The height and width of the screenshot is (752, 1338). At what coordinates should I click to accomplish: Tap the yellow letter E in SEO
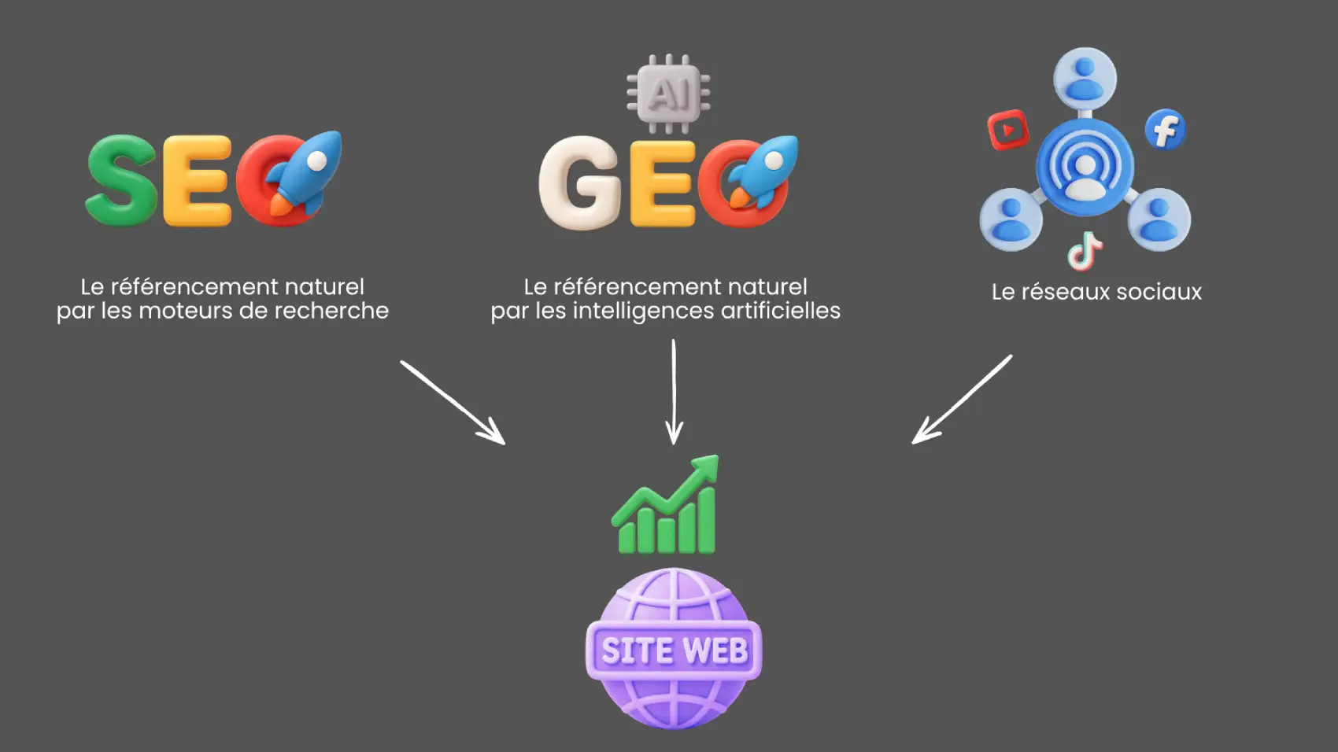[197, 180]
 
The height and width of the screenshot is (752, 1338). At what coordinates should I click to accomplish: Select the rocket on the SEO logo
[305, 173]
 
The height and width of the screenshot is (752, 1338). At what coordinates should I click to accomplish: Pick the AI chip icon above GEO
[668, 94]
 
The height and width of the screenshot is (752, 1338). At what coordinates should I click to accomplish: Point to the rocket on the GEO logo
[763, 172]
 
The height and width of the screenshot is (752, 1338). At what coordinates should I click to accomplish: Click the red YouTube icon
[1008, 130]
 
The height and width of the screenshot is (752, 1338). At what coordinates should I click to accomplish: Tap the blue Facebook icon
[1166, 130]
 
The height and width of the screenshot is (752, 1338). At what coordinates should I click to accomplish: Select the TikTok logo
[1085, 251]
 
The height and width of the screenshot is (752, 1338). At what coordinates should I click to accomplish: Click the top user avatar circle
[1085, 79]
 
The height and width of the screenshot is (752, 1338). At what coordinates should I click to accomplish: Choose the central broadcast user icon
[1085, 167]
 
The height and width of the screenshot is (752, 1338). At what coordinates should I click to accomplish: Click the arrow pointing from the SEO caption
[453, 403]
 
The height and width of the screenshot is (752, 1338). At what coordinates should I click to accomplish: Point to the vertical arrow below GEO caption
[674, 392]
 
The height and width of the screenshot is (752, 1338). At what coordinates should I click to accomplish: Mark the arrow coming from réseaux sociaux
[962, 400]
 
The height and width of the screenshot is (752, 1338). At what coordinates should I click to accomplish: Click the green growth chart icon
[665, 505]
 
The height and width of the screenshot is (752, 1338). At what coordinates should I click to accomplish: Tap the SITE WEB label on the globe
[675, 651]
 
